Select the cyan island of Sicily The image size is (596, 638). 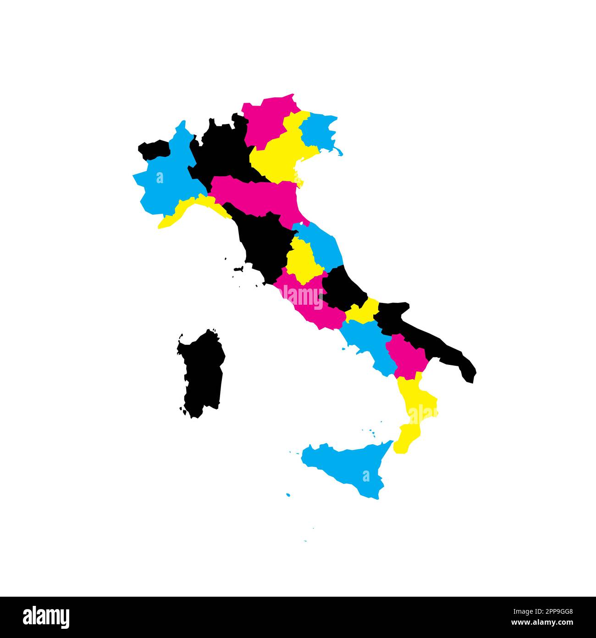click(x=348, y=468)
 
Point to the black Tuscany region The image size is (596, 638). click(x=264, y=243)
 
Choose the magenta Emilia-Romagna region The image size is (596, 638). click(x=261, y=193)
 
